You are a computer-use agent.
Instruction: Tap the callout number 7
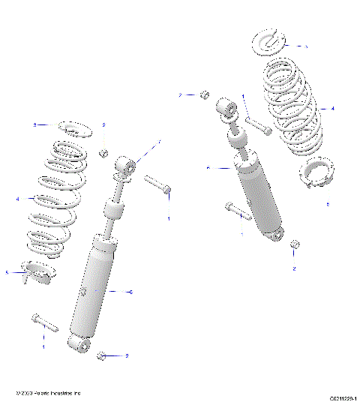pos(158,141)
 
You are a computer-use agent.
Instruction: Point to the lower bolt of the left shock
pos(45,324)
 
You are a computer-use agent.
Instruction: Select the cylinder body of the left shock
pos(94,285)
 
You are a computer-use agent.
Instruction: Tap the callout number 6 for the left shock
pos(131,292)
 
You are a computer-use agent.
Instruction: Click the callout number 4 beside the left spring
pos(16,199)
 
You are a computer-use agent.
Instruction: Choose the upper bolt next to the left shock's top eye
pos(158,184)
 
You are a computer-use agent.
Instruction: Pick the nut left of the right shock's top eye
pos(202,94)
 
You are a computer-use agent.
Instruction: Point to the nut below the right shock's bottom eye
pos(295,244)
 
